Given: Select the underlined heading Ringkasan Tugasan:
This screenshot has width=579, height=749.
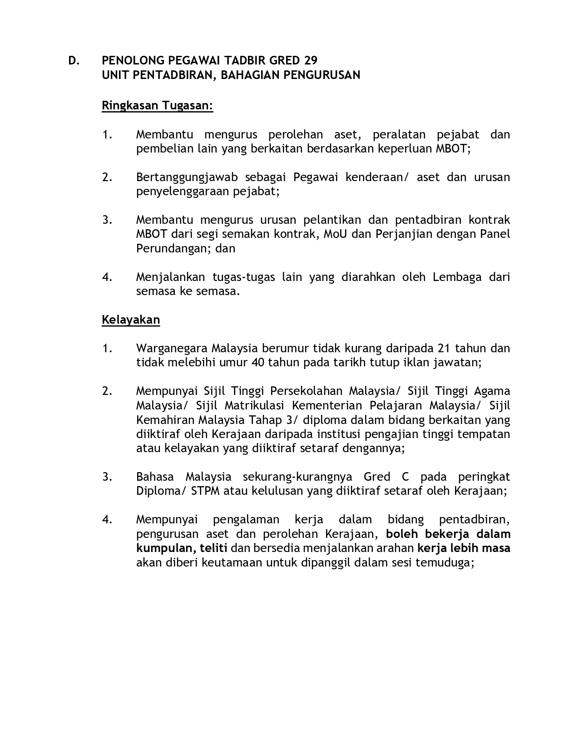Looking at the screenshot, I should (157, 106).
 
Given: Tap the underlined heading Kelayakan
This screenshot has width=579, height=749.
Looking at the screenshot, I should (131, 320).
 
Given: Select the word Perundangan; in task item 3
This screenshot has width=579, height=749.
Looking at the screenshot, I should (172, 248).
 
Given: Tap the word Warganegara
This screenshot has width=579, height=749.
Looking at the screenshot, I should (172, 348).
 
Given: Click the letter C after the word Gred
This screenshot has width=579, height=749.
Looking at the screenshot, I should (406, 477).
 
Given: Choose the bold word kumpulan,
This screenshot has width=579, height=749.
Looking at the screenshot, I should (166, 548).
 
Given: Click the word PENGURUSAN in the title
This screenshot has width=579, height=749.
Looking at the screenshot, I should (322, 75).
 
